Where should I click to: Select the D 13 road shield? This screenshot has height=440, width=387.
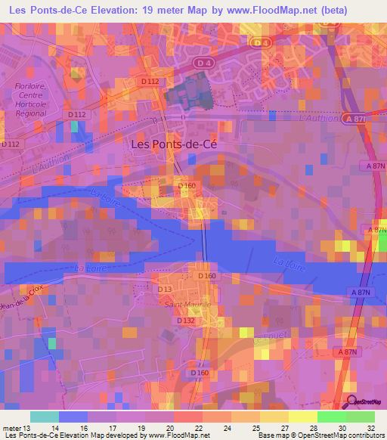coord(166,289)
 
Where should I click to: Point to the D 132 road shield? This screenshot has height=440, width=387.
coord(186,321)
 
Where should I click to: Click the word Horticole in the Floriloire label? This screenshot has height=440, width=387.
coord(31,104)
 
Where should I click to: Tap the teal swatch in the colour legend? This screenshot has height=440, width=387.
coord(45,417)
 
